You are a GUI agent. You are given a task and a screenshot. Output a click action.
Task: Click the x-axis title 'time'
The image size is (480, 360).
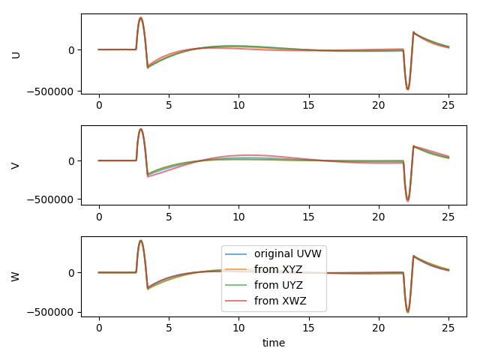pyautogui.click(x=274, y=343)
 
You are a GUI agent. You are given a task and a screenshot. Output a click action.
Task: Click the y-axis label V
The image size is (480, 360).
pyautogui.click(x=16, y=165)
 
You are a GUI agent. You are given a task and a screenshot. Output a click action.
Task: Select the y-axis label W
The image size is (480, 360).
pyautogui.click(x=16, y=277)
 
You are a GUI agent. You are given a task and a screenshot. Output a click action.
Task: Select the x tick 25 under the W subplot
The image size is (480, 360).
pyautogui.click(x=448, y=328)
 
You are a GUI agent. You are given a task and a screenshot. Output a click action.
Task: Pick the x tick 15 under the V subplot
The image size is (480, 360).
pyautogui.click(x=308, y=217)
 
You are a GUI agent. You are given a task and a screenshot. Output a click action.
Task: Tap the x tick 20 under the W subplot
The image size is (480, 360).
pyautogui.click(x=379, y=328)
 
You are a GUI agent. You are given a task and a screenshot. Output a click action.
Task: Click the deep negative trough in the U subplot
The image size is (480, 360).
pyautogui.click(x=408, y=89)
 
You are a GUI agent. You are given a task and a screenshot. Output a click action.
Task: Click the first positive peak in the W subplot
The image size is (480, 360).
pyautogui.click(x=141, y=241)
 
